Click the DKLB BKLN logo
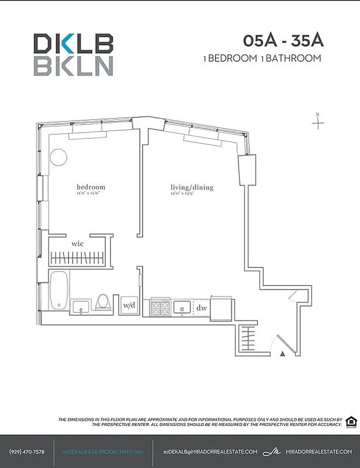(x=73, y=54)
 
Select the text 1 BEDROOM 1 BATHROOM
(x=262, y=58)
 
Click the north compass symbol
(x=318, y=122)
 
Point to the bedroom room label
(x=91, y=187)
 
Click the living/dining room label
(x=192, y=188)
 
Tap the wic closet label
(x=78, y=243)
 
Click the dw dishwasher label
(x=201, y=308)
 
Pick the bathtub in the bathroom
(x=58, y=290)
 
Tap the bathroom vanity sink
(x=81, y=307)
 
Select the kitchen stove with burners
(x=161, y=307)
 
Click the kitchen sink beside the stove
(x=182, y=307)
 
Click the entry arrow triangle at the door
(x=282, y=353)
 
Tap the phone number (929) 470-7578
(x=26, y=452)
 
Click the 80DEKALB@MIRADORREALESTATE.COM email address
(x=210, y=452)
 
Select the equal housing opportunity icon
(x=351, y=421)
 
